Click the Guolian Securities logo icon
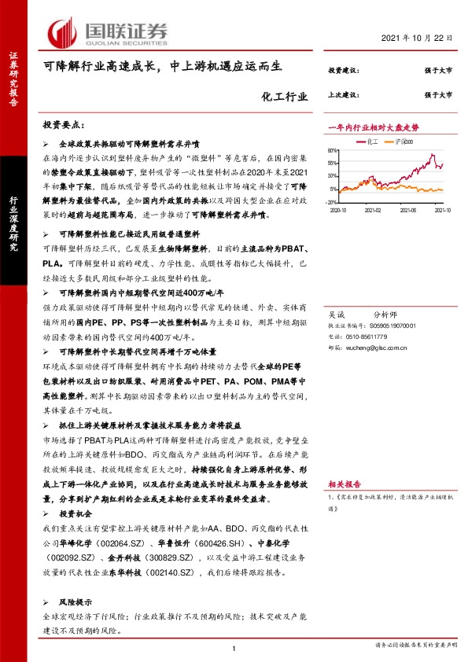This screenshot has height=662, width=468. point(62,31)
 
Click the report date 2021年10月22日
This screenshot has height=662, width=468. point(424,39)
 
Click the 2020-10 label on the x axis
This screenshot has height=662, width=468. point(339,211)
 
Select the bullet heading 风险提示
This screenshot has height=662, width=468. point(76,598)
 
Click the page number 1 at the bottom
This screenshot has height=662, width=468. point(234,647)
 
